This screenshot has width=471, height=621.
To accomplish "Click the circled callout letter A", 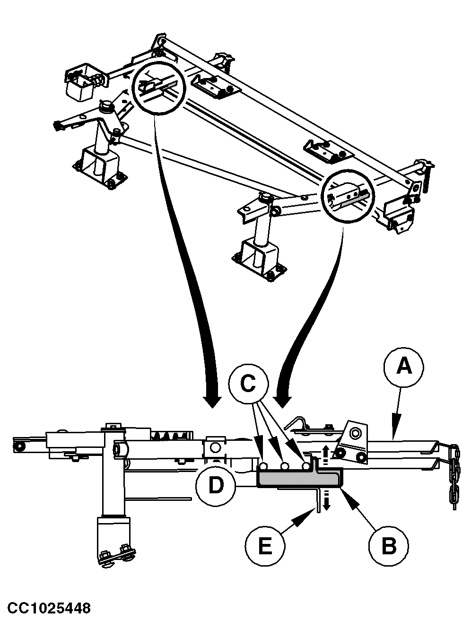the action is point(404,367).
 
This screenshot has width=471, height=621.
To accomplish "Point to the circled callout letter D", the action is point(216,485).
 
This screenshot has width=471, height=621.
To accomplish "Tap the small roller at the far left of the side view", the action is point(20,447).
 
